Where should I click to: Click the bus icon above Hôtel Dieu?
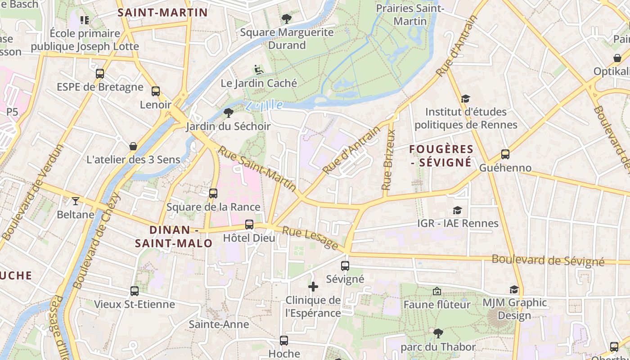coord(249,225)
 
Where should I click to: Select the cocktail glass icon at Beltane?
coord(75,201)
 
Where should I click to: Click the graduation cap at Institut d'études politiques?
coord(465,99)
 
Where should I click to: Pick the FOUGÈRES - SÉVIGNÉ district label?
coord(441,156)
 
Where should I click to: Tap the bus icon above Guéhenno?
coord(505,154)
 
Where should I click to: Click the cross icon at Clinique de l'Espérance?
coord(313,287)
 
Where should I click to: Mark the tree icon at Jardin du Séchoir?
coord(228,112)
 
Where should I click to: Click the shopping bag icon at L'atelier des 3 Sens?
coord(133,146)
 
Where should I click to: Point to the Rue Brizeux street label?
coord(388,160)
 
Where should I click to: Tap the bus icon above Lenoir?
coord(156,91)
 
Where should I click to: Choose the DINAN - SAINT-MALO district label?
coord(174,237)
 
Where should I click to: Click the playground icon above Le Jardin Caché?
coord(258,70)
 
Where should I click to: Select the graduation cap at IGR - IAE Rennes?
coord(457,210)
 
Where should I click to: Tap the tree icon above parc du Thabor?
coord(438,333)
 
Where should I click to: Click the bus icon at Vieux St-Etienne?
coord(135,291)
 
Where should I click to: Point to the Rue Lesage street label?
coord(310,238)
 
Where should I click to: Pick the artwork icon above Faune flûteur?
coord(436,292)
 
